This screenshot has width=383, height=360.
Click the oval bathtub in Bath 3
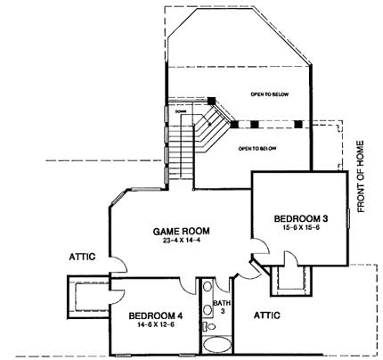click(x=216, y=345)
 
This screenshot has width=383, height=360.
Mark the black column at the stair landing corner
click(x=212, y=100)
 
